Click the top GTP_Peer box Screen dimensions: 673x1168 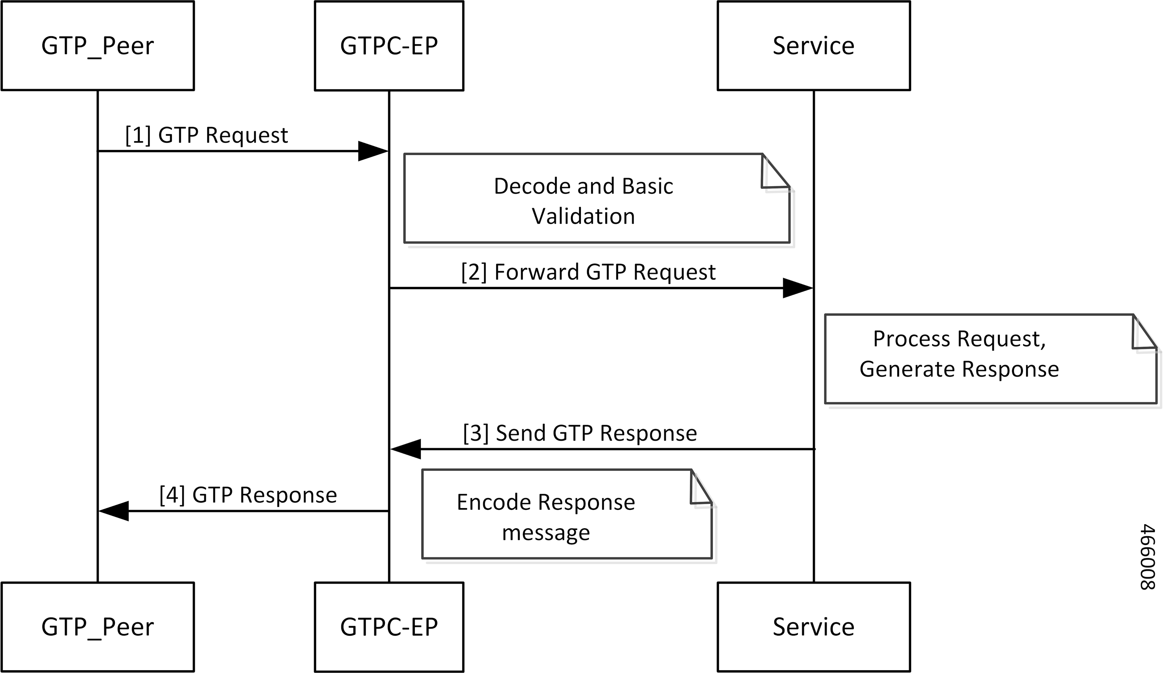97,46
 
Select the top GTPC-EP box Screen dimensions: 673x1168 389,46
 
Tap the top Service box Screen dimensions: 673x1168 813,46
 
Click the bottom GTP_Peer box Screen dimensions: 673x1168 97,627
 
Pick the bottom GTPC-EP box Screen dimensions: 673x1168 389,627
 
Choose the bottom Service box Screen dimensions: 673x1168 813,627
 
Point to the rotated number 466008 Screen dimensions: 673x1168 1148,557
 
